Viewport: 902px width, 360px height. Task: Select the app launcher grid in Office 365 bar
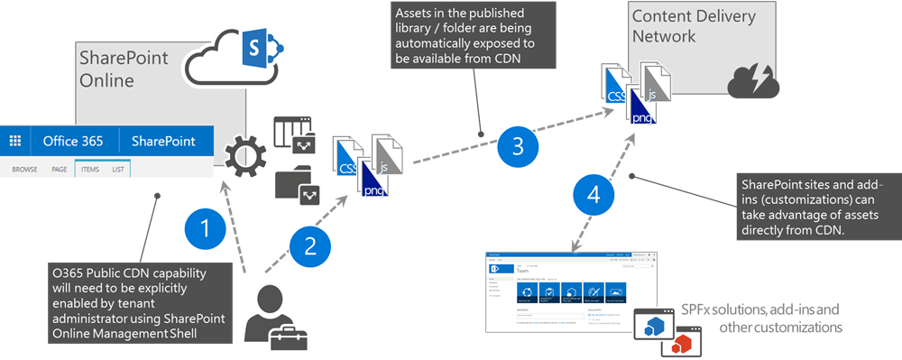[15, 142]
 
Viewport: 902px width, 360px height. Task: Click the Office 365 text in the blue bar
[73, 142]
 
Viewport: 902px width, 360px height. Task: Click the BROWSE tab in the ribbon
[24, 169]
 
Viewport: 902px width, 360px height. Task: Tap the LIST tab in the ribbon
[117, 169]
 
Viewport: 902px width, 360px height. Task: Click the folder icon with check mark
[297, 184]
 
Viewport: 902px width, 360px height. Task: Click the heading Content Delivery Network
[689, 26]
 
